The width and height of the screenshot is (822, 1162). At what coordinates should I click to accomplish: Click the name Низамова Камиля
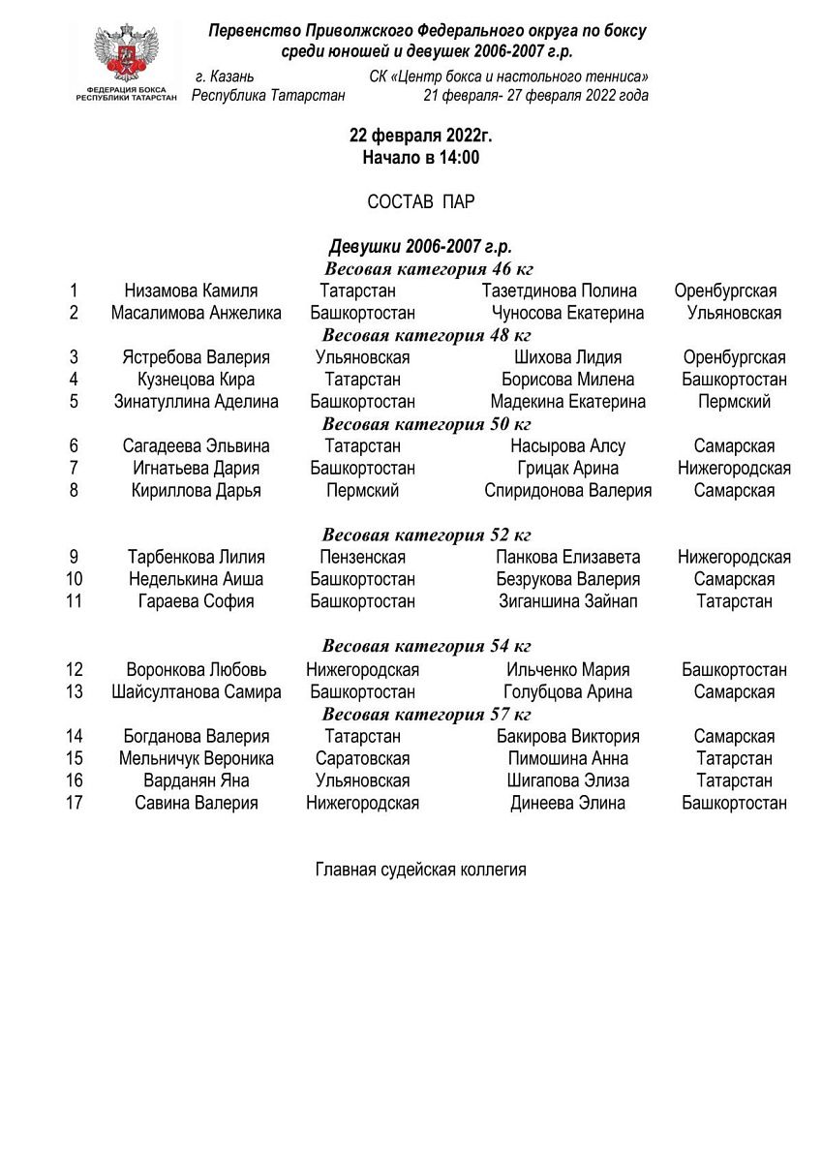pyautogui.click(x=191, y=290)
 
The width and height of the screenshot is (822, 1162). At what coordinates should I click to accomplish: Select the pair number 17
pyautogui.click(x=75, y=803)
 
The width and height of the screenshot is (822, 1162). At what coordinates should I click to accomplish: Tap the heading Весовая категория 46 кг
pyautogui.click(x=428, y=269)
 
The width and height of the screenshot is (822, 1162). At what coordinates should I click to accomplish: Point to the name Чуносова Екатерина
pyautogui.click(x=567, y=313)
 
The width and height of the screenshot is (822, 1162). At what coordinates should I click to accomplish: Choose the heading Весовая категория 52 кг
pyautogui.click(x=426, y=535)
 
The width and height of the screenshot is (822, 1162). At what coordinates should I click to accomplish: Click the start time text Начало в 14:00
pyautogui.click(x=420, y=158)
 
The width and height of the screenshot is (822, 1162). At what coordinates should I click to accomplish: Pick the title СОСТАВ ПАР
pyautogui.click(x=420, y=201)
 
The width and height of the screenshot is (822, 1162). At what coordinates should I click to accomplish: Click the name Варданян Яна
pyautogui.click(x=197, y=780)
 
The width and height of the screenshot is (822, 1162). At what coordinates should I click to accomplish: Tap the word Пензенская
pyautogui.click(x=362, y=558)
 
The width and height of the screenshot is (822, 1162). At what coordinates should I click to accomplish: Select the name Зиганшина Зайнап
pyautogui.click(x=567, y=601)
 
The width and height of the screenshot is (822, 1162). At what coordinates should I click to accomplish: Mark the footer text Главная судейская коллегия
pyautogui.click(x=420, y=870)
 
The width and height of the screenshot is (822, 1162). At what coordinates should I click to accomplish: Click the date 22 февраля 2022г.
pyautogui.click(x=420, y=137)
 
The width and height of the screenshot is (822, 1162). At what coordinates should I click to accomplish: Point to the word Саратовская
pyautogui.click(x=362, y=758)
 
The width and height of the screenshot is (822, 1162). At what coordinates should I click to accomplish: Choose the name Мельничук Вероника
pyautogui.click(x=197, y=758)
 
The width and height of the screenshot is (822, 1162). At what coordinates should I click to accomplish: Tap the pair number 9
pyautogui.click(x=75, y=558)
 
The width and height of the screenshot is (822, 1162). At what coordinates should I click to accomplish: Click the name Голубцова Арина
pyautogui.click(x=567, y=692)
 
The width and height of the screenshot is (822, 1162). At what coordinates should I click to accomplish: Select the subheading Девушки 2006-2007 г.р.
pyautogui.click(x=420, y=248)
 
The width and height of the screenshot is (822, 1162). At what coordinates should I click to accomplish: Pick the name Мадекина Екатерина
pyautogui.click(x=567, y=402)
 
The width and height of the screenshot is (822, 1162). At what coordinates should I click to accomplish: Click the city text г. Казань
pyautogui.click(x=225, y=76)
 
